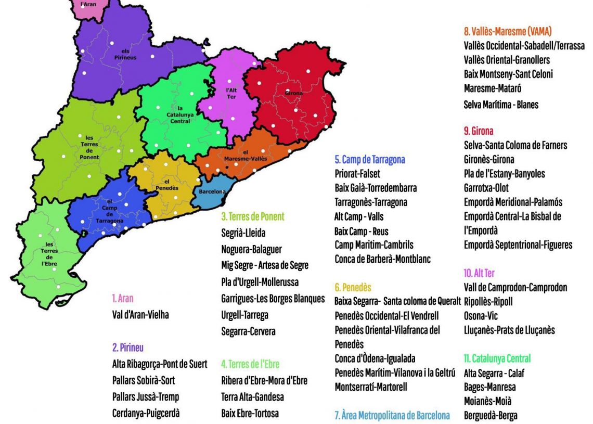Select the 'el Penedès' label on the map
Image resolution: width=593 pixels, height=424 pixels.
coord(163,184)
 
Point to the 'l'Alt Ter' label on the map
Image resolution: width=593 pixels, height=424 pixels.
coord(231,93)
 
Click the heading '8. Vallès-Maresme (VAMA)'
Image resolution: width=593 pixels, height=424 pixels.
coord(507,31)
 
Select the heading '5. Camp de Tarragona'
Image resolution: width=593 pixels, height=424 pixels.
coord(369,160)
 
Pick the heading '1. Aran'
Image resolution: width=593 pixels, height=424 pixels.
coord(123,299)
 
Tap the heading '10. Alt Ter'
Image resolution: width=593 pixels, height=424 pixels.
coord(479,273)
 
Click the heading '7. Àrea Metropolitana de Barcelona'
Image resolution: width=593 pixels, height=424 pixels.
coord(392,415)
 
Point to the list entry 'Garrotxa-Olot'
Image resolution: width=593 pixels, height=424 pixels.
coord(486,188)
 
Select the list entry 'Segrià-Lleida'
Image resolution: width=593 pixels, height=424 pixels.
coord(243,233)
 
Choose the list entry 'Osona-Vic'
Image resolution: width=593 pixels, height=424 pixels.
coord(482,316)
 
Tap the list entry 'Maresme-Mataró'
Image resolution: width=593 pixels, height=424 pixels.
coord(493,88)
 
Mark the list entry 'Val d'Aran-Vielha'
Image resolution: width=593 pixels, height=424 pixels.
coord(140,315)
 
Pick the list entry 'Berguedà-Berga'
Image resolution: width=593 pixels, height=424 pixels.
coord(491,415)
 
